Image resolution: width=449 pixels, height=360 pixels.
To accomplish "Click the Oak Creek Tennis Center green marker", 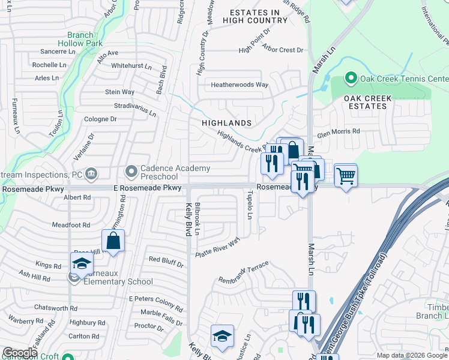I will pos(351,79).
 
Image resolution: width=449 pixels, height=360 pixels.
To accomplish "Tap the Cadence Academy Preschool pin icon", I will pos(131,172).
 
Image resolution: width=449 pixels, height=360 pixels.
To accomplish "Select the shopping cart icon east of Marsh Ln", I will pos(345,176).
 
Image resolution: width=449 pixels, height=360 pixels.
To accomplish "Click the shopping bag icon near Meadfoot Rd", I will pos(113,242).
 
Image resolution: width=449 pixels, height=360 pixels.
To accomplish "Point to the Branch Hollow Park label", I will pos(80,39).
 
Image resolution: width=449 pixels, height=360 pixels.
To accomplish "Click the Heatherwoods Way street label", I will pos(239,85).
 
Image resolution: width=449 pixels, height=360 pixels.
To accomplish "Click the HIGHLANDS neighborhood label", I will pos(226,122).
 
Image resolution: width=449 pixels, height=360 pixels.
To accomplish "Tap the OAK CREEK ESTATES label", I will pos(368,102).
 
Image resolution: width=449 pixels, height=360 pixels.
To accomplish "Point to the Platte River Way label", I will pos(217,248).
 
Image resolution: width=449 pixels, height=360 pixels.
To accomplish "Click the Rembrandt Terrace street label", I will pos(243,275).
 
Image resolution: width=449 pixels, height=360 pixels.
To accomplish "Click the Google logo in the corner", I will pos(20,353).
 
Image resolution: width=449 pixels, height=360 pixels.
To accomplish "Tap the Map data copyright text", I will pos(411,355).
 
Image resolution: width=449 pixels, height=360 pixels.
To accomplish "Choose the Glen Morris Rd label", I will pos(339,131).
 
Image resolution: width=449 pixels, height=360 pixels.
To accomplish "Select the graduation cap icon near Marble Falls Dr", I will pos(221,337).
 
